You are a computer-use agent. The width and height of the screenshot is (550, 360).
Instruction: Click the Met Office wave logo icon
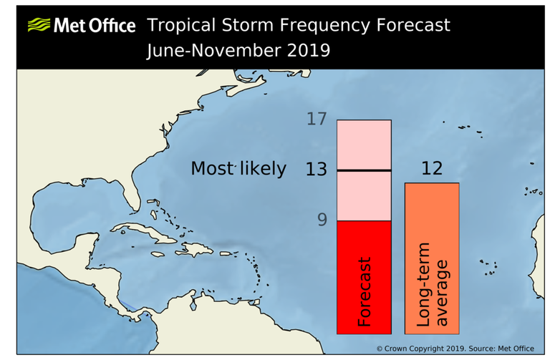coord(39,26)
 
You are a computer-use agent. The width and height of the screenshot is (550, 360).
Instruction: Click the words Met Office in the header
coord(93,26)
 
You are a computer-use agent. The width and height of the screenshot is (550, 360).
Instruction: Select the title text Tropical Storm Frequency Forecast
coord(299,25)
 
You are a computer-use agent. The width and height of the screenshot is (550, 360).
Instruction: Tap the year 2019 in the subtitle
coord(306,51)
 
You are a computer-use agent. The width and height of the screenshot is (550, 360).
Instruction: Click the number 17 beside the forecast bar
coord(316,120)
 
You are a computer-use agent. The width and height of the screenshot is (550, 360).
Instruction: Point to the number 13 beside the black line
coord(316,170)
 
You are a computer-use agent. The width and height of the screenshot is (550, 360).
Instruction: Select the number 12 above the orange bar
coord(432,169)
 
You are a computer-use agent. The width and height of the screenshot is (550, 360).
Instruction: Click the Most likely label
coord(238,169)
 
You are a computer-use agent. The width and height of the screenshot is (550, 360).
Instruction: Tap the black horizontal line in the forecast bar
coord(364,170)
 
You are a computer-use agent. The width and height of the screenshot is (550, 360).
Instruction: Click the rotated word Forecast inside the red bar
coord(365,292)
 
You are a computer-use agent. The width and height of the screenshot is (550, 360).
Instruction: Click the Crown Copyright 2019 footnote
coord(455,348)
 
